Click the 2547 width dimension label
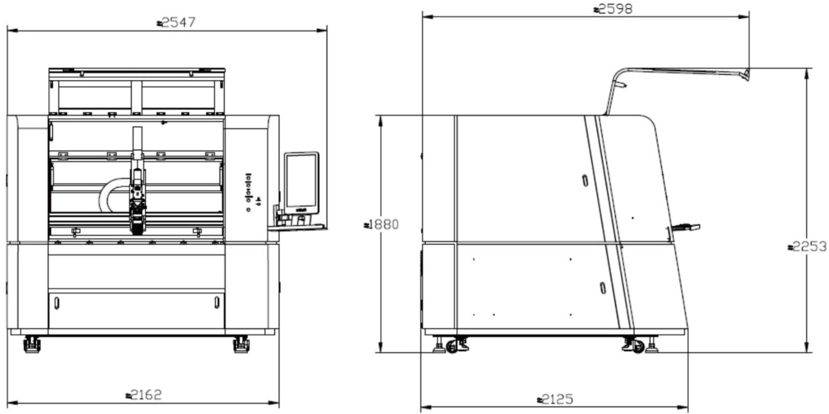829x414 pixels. pos(176,23)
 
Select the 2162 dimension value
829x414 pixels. pos(144,395)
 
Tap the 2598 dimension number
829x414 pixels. pos(613,9)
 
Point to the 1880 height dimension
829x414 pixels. pos(382,224)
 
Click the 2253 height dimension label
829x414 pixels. pos(807,246)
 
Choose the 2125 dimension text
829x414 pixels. pos(555,399)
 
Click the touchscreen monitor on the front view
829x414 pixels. pos(301,183)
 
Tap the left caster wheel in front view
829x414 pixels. pos(32,344)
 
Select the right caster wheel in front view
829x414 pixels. pos(241,344)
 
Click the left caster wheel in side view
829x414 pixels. pos(452,347)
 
